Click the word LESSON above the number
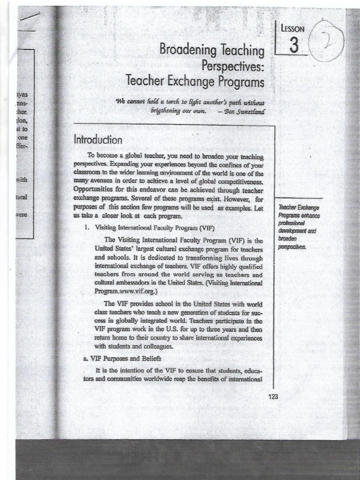pyautogui.click(x=293, y=29)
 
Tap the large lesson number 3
pyautogui.click(x=294, y=45)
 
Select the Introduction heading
pyautogui.click(x=98, y=140)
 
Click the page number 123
pyautogui.click(x=273, y=397)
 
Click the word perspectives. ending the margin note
pyautogui.click(x=292, y=246)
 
